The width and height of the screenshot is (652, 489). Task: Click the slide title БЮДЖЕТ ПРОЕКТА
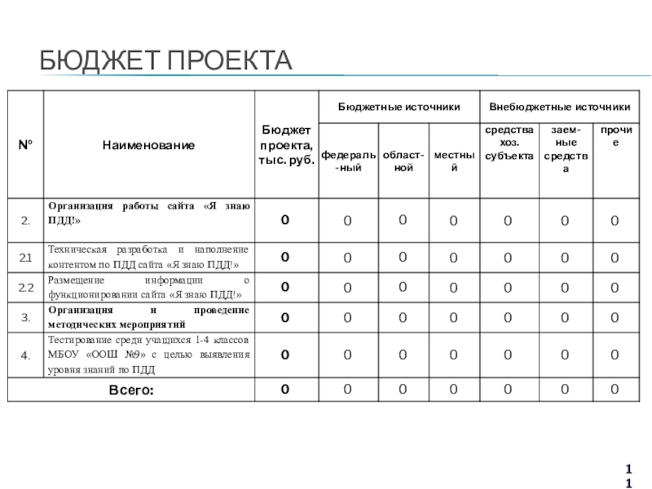(166, 60)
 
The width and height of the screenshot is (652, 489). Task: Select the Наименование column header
(148, 145)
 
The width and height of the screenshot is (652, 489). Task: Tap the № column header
(25, 145)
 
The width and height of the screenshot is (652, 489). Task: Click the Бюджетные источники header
(399, 107)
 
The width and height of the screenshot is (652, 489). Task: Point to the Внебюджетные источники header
(559, 107)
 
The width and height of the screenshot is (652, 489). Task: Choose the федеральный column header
(348, 161)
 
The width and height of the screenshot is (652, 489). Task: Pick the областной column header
(403, 161)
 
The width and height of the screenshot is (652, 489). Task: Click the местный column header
(454, 161)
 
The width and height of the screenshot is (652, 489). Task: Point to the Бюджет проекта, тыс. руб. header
(285, 145)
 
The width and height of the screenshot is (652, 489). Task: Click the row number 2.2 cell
(25, 287)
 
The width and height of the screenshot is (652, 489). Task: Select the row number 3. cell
(25, 317)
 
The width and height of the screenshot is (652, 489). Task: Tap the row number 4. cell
(25, 355)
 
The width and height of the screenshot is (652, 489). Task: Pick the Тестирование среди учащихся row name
(148, 355)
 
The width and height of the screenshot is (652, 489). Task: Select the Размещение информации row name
(148, 287)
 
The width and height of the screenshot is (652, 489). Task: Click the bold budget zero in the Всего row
(285, 390)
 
